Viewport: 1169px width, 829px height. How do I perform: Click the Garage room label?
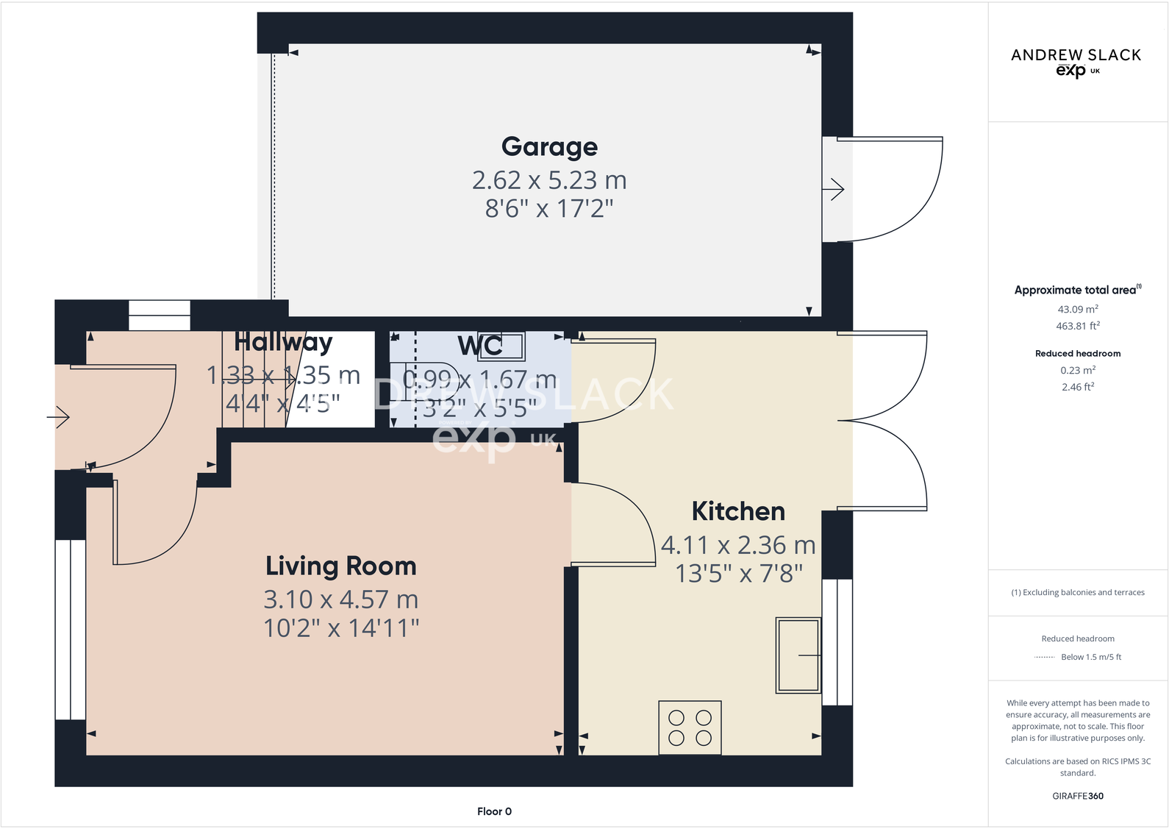[x=549, y=146]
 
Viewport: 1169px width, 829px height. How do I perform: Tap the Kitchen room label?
[x=738, y=511]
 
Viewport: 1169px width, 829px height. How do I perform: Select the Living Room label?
[x=341, y=566]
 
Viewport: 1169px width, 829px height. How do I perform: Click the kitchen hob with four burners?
[x=690, y=727]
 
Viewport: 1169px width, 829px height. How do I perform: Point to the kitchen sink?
[x=798, y=655]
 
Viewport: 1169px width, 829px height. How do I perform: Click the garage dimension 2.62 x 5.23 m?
[x=549, y=180]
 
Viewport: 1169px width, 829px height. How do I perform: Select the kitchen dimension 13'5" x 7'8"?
[x=739, y=574]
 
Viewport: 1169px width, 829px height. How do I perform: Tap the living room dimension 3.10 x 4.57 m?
[x=341, y=599]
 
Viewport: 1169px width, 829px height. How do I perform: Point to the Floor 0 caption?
[x=494, y=811]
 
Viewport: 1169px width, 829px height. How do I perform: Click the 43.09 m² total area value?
[x=1078, y=310]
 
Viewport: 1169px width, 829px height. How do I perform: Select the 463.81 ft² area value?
[x=1078, y=326]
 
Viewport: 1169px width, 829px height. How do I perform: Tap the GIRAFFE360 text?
[x=1078, y=796]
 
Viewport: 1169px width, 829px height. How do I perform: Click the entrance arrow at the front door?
[x=59, y=418]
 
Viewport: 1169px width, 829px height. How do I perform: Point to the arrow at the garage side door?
[x=834, y=190]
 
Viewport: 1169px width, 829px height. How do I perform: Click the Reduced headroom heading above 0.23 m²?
[x=1078, y=354]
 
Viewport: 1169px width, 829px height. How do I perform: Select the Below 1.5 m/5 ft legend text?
[x=1091, y=657]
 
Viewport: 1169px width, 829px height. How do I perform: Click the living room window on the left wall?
[x=71, y=630]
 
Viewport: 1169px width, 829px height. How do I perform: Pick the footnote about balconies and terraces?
[x=1078, y=592]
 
